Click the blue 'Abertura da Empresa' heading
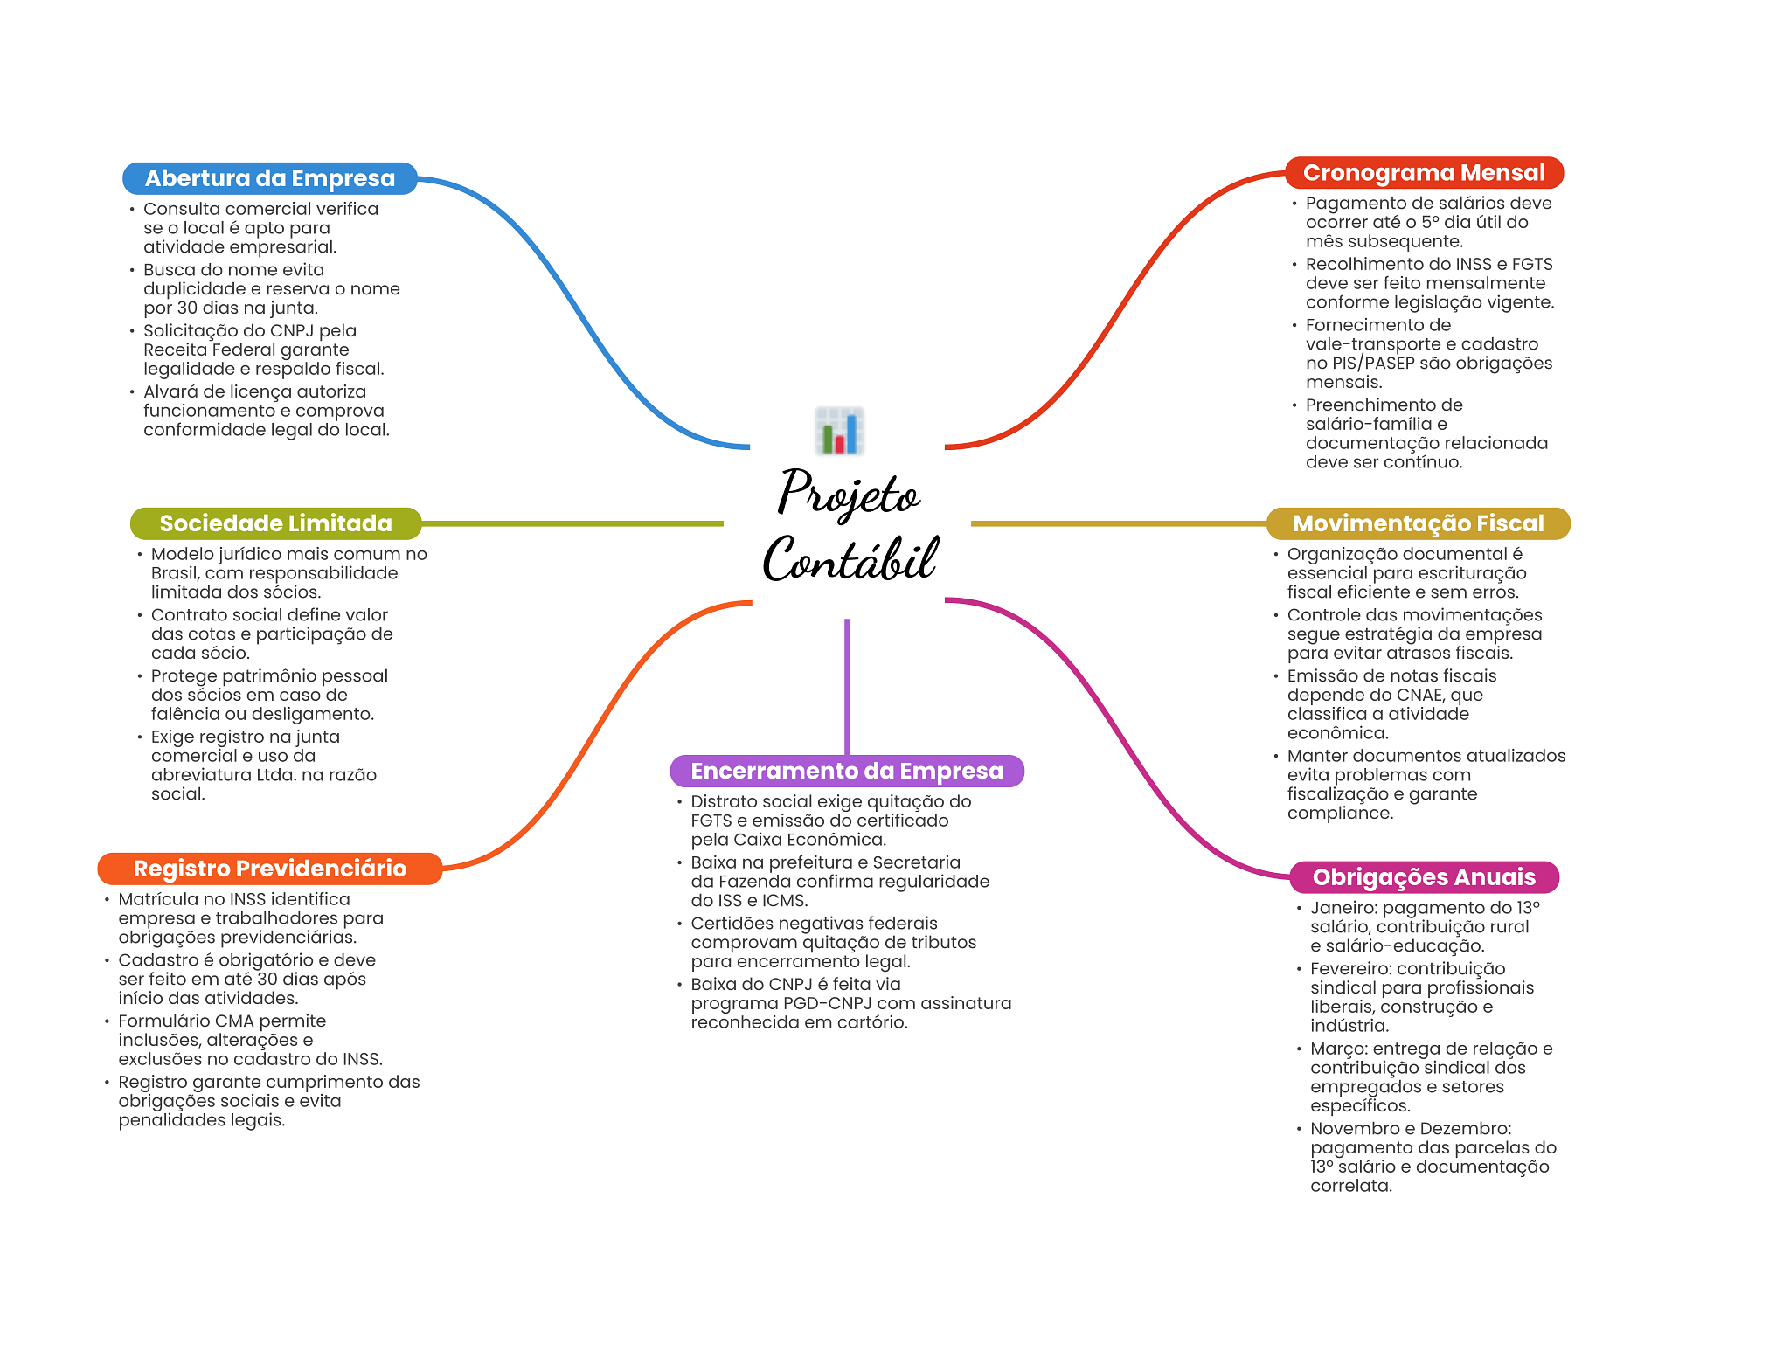269,178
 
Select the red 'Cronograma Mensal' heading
1424,173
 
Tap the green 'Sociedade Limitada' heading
275,523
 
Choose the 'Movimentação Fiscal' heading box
1418,523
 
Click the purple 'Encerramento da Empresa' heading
846,771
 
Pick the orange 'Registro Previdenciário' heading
269,869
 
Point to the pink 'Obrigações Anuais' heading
1424,876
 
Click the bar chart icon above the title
839,431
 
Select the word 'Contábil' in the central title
850,559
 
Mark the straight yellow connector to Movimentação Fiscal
1119,523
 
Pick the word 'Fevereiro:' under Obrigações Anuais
1352,968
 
